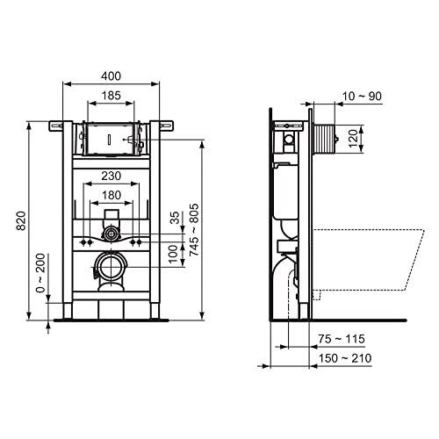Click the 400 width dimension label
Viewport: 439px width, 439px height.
coord(111,76)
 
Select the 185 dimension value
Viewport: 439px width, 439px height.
coord(111,96)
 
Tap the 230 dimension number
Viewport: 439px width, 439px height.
coord(111,176)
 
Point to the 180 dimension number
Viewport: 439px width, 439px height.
coord(112,195)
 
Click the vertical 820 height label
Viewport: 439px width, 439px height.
coord(21,220)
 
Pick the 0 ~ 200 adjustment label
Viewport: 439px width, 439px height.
coord(40,273)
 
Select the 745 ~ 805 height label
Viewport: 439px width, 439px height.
coord(194,230)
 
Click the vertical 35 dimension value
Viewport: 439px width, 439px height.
coord(175,218)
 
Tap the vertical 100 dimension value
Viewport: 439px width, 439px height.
coord(173,254)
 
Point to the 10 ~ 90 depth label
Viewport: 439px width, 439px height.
coord(362,96)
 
